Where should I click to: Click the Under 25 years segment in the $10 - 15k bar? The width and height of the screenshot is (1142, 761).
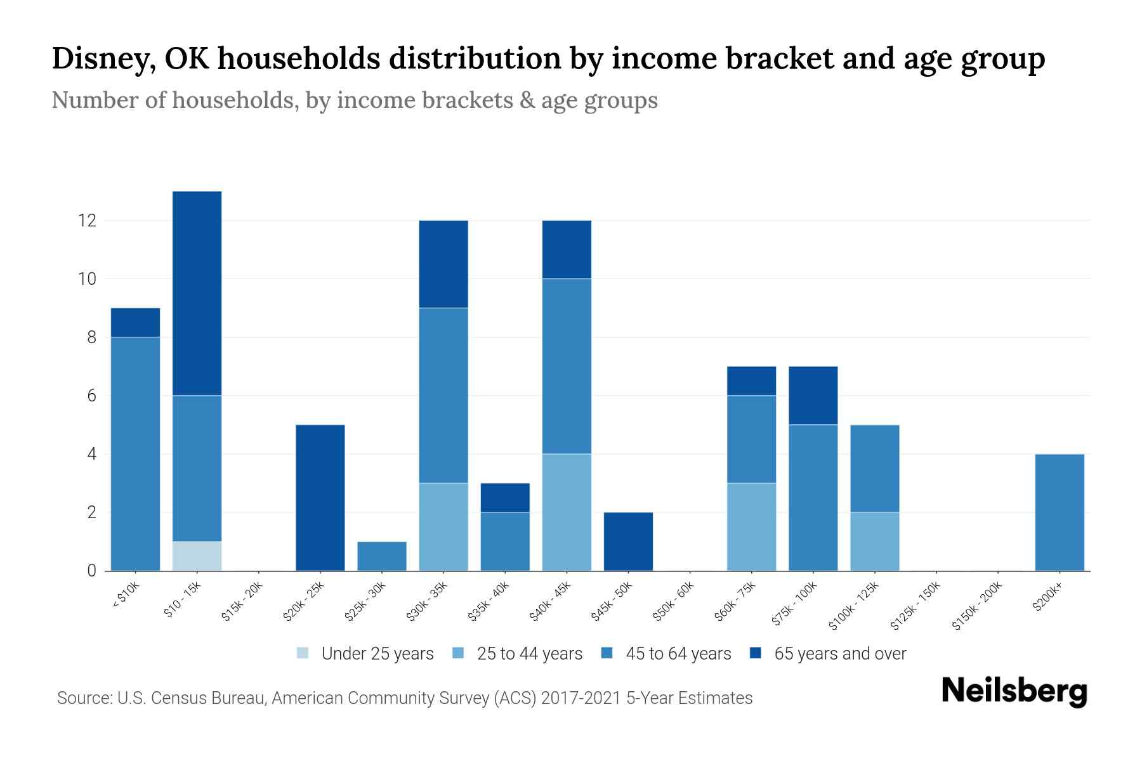click(197, 556)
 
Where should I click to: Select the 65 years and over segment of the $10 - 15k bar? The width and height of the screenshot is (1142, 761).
click(197, 293)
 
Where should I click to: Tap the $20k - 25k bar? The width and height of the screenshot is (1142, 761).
click(320, 497)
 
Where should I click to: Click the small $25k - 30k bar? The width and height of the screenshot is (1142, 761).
click(382, 556)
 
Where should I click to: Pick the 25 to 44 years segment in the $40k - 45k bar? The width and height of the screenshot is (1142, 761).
click(567, 512)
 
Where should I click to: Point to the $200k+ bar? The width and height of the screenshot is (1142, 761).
click(1060, 512)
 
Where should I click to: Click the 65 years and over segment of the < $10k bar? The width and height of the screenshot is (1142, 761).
click(135, 322)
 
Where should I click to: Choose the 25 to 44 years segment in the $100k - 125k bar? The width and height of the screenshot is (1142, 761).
click(875, 541)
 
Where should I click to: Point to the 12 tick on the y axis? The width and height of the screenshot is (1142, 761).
click(86, 221)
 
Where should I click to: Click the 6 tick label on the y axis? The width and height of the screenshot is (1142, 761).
click(91, 396)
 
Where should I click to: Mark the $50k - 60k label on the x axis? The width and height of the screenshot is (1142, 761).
click(674, 602)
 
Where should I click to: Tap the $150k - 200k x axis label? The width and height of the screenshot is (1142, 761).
click(977, 606)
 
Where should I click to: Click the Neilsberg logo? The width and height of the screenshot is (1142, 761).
click(1014, 691)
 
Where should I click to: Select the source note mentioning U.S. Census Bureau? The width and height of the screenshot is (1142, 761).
click(405, 698)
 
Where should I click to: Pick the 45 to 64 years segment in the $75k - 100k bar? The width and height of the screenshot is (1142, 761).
click(813, 497)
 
